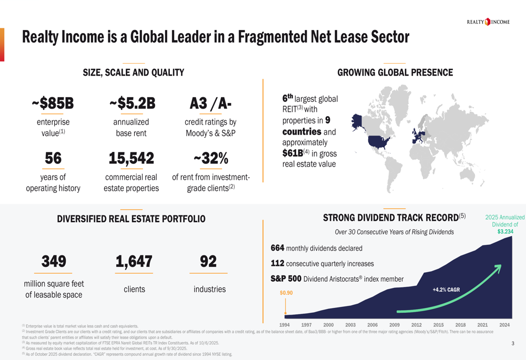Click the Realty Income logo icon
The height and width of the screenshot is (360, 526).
point(487,22)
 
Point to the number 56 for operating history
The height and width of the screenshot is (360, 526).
point(53,158)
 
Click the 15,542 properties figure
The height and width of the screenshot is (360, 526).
point(131,158)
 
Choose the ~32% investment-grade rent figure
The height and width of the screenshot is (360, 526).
point(210,158)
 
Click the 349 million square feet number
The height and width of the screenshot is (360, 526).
point(54,261)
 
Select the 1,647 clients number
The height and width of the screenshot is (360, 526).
point(134,261)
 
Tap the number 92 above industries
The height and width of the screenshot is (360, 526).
point(208,261)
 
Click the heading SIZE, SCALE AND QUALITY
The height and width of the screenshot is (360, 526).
point(134,73)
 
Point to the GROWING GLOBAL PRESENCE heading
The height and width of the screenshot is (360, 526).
point(395,73)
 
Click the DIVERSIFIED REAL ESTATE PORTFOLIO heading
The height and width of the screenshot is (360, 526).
point(131,219)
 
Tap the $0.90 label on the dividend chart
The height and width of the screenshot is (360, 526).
point(286,293)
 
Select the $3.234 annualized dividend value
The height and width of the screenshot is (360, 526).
point(505,231)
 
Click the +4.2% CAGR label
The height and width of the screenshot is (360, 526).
point(446,290)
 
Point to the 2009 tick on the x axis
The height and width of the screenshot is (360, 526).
point(394,325)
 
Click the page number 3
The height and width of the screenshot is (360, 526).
point(512,344)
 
